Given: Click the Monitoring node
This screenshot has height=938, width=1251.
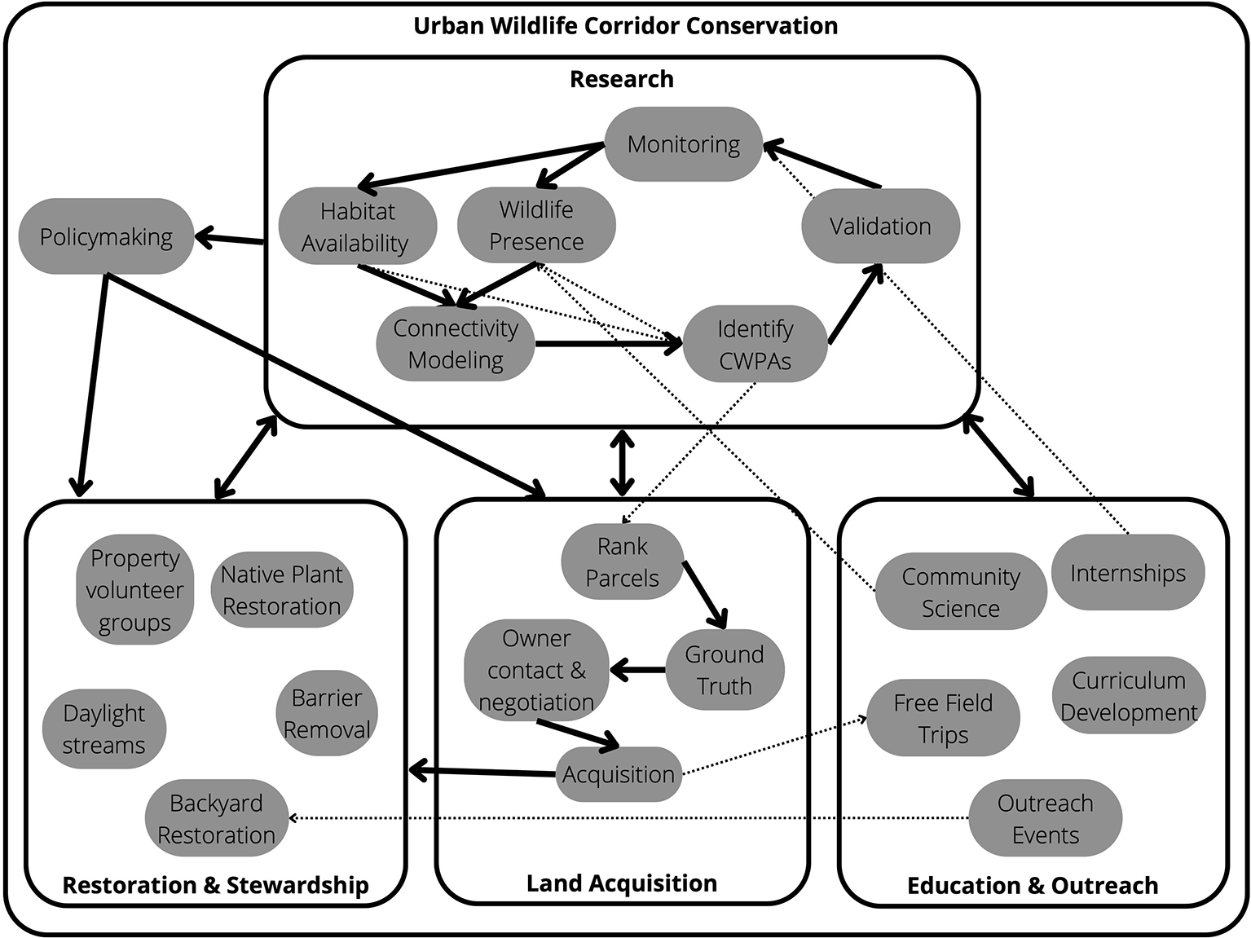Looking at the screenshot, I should pyautogui.click(x=683, y=145).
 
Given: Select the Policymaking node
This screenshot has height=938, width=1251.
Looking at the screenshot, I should pyautogui.click(x=106, y=237).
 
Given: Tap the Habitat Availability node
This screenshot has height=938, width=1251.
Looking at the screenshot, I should pyautogui.click(x=356, y=227).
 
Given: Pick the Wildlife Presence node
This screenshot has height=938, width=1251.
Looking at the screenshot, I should pyautogui.click(x=536, y=226).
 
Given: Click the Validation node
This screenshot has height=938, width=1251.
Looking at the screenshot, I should pyautogui.click(x=880, y=227).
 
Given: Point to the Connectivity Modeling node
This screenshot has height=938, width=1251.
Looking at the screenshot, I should pyautogui.click(x=456, y=344).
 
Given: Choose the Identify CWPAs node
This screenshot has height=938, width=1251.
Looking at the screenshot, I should pyautogui.click(x=755, y=345).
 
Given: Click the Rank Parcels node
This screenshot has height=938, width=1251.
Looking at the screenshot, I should pyautogui.click(x=622, y=562).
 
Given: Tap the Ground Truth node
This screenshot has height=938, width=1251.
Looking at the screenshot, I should pyautogui.click(x=724, y=670).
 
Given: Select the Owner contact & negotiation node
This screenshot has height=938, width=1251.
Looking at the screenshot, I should pyautogui.click(x=536, y=670).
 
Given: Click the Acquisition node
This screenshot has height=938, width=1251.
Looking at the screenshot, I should pyautogui.click(x=618, y=774).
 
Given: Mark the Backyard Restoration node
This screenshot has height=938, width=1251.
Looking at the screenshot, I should pyautogui.click(x=216, y=819).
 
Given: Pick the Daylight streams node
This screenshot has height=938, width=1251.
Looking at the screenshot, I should pyautogui.click(x=104, y=729).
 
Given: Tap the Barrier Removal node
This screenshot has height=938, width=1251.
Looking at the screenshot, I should pyautogui.click(x=326, y=714).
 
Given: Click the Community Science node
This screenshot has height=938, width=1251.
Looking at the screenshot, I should pyautogui.click(x=960, y=592).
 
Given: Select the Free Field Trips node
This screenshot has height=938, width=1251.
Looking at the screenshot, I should pyautogui.click(x=943, y=719).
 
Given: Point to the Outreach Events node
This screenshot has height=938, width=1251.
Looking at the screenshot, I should pyautogui.click(x=1045, y=819).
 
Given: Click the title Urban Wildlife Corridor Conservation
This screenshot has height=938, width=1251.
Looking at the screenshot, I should pyautogui.click(x=625, y=26).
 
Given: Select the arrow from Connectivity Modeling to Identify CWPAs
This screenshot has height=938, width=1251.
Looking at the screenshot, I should pyautogui.click(x=607, y=344).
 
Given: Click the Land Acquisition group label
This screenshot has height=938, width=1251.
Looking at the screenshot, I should pyautogui.click(x=621, y=883).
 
